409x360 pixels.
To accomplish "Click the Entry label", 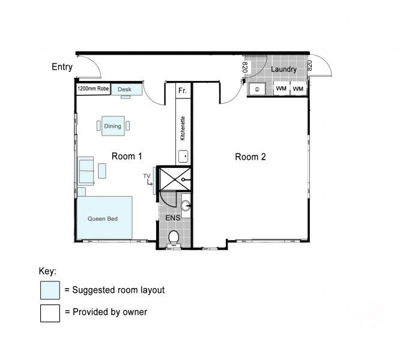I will coord(62,67).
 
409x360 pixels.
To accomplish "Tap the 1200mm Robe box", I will coord(93,89).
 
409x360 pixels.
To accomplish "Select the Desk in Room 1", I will coord(125,89).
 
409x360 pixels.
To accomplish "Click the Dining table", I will coord(113,126).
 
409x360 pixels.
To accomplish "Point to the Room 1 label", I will coord(127,156).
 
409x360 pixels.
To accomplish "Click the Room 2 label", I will coord(250,157).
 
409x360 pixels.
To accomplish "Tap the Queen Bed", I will coord(103,218).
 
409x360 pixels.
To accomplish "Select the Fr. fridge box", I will coord(183,91).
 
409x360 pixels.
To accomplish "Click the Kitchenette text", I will coord(183,128).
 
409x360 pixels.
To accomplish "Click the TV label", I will coord(146,176).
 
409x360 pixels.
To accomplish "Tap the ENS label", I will coord(173,218).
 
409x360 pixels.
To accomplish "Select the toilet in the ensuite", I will coord(174,238).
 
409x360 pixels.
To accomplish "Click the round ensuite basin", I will coord(186,206).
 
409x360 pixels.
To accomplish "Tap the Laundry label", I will coord(283,70).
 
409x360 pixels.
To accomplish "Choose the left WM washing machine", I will coord(281,89).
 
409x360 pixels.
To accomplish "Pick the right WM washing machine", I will coord(298,89).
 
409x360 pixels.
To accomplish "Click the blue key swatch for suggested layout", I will coord(50,290).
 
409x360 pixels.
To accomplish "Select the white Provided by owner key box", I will coord(50,313).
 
